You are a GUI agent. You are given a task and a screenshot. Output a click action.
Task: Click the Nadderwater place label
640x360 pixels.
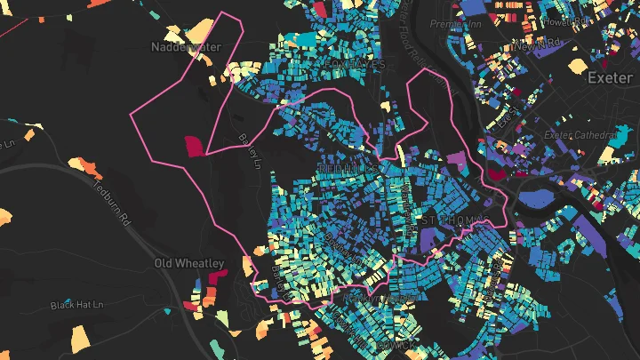(x=186, y=46)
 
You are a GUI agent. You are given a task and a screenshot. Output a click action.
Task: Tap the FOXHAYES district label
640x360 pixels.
(x=355, y=65)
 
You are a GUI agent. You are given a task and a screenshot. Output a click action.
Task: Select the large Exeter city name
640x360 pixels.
(x=612, y=78)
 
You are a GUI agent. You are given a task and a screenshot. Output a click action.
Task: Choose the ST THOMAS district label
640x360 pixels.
(x=453, y=219)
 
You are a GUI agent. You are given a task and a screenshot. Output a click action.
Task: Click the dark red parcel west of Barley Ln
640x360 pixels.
(x=194, y=146)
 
